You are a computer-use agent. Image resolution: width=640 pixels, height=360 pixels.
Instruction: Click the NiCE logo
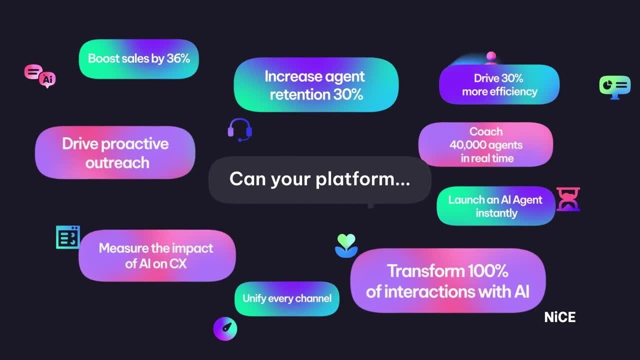click(x=559, y=317)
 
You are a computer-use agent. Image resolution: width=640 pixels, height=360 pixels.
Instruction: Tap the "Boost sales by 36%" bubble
click(x=138, y=59)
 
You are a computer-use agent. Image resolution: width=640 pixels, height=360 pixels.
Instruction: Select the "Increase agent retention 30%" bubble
click(x=315, y=85)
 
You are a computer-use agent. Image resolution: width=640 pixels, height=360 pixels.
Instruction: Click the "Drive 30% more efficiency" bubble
click(x=499, y=84)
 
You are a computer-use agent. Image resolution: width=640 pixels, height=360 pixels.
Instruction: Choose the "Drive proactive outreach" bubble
click(x=115, y=152)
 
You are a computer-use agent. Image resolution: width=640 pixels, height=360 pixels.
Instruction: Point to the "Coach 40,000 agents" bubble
click(x=485, y=144)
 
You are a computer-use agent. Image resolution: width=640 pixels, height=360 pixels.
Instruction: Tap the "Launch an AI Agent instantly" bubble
click(x=495, y=206)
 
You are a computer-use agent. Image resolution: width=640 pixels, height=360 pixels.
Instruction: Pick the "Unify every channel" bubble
click(x=287, y=298)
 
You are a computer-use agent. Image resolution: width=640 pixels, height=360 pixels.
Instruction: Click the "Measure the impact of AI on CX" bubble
click(x=156, y=255)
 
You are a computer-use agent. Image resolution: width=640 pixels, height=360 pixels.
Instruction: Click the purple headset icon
click(x=239, y=129)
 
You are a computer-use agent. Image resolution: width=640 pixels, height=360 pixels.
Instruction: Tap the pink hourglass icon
click(x=568, y=199)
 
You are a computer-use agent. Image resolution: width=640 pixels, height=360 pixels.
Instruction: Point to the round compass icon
click(x=225, y=328)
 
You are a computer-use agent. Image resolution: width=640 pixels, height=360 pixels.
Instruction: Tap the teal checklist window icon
click(x=68, y=237)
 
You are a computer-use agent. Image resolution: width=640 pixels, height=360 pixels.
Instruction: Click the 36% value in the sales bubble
click(x=178, y=58)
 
